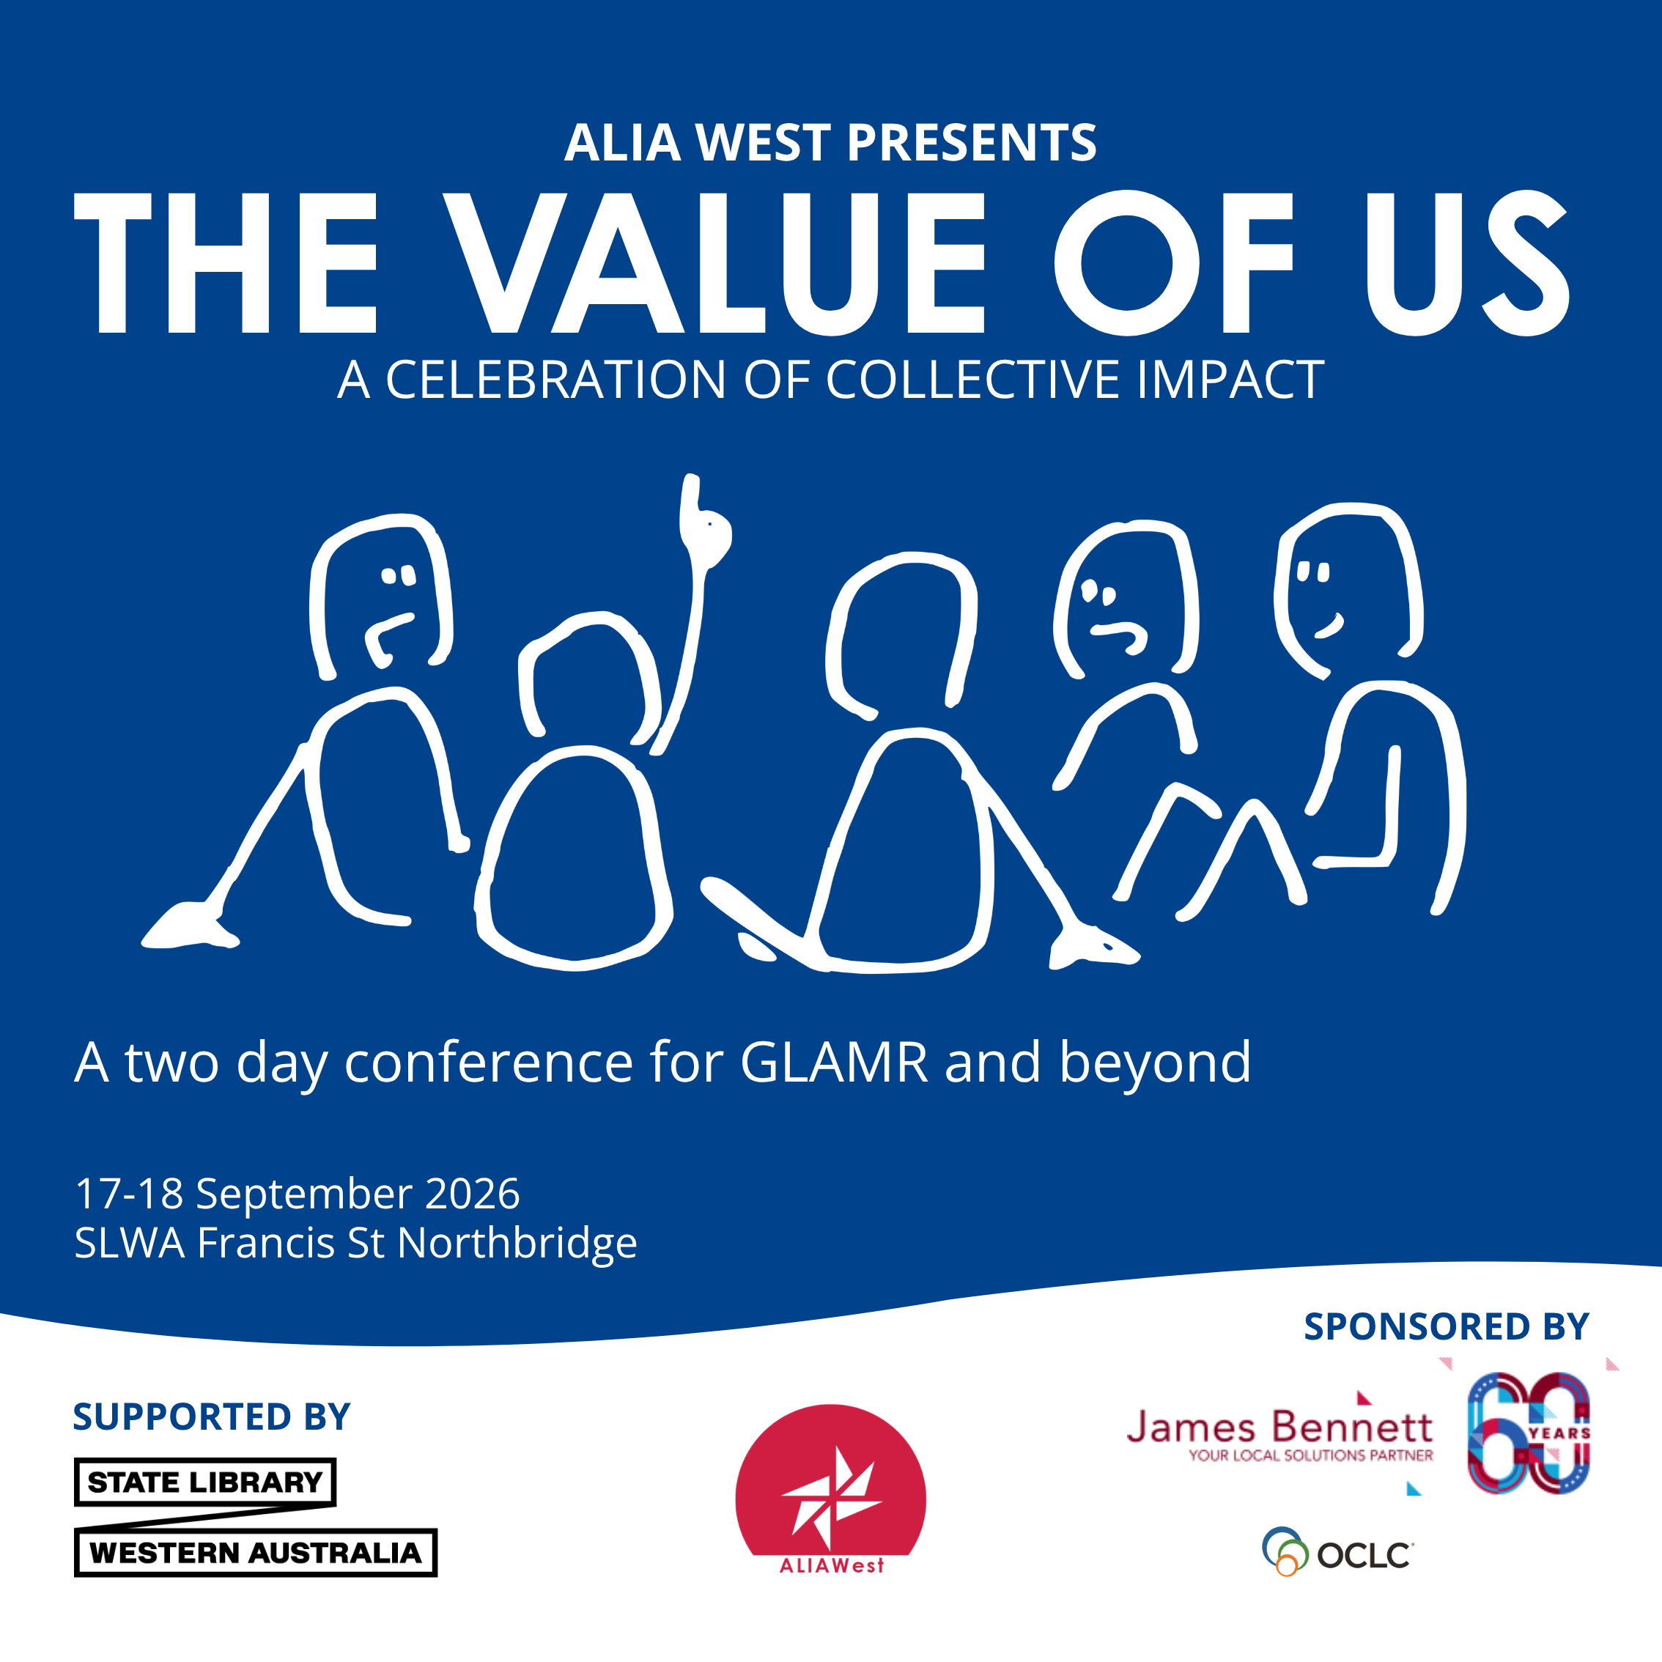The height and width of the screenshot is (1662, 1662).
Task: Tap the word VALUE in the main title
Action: (713, 262)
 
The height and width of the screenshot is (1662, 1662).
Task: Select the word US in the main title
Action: (1468, 262)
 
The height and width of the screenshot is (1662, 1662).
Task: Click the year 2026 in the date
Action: (472, 1194)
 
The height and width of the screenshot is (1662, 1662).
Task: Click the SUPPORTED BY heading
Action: (212, 1417)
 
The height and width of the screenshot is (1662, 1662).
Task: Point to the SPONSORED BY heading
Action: (1446, 1326)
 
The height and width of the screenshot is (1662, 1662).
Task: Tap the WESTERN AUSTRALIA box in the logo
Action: (256, 1553)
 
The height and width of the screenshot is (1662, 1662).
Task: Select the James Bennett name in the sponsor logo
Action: (1279, 1428)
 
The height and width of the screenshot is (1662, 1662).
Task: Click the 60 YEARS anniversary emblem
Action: (1529, 1433)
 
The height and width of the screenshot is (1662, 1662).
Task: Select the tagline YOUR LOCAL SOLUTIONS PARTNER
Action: (1311, 1455)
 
